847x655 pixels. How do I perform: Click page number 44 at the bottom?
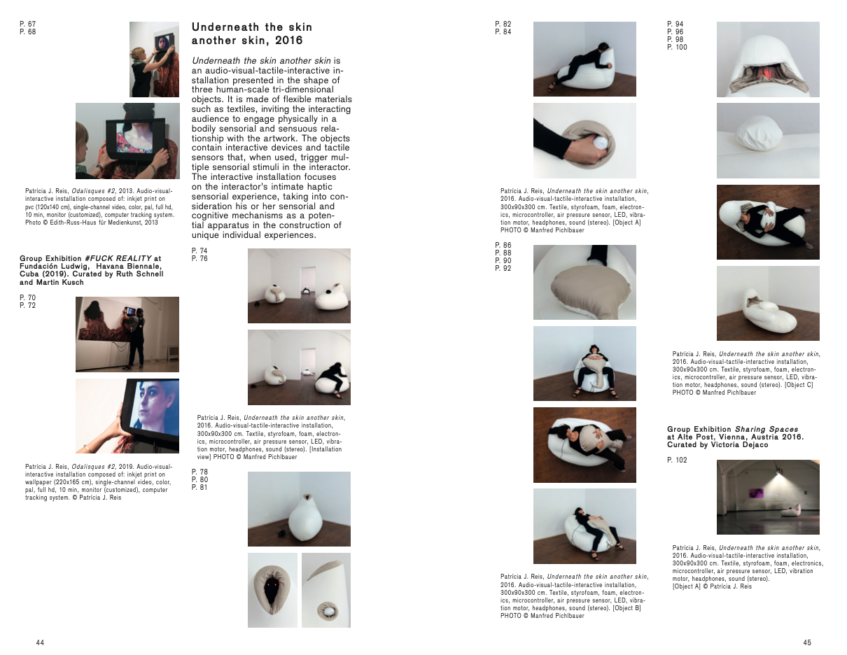40,642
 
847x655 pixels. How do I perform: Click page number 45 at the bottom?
807,642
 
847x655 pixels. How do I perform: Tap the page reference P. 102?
677,460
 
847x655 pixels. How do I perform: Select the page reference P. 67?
28,24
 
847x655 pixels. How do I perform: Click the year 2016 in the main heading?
289,40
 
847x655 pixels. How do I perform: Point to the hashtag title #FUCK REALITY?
118,258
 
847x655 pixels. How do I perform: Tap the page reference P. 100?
677,47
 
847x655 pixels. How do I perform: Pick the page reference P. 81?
199,487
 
